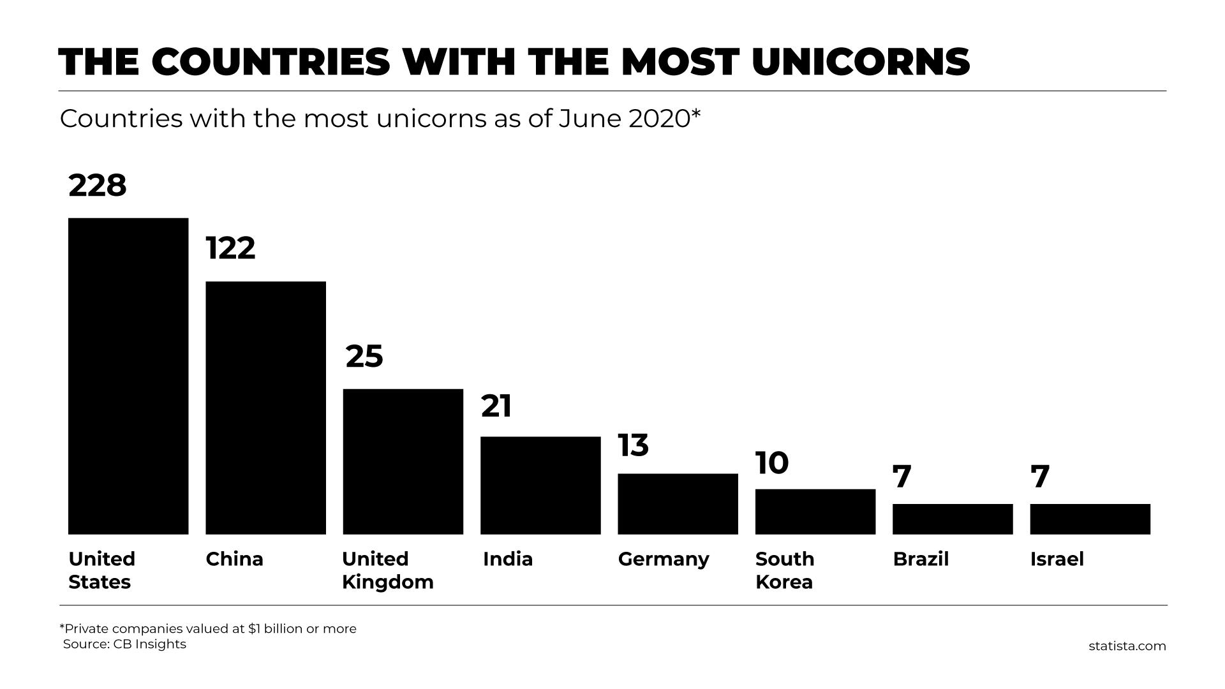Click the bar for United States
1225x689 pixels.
point(128,376)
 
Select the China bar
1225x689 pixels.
point(265,408)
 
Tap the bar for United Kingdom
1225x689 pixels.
point(403,461)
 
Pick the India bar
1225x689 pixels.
point(540,485)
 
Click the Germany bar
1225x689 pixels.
point(678,503)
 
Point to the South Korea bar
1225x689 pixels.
point(815,511)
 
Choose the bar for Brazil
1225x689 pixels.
point(953,519)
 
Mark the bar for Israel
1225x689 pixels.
point(1090,519)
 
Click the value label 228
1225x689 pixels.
point(98,186)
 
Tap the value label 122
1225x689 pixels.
point(230,248)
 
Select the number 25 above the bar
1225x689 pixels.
point(364,357)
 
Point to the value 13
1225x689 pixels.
point(633,445)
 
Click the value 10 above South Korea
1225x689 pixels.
point(772,463)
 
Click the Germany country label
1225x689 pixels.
point(664,559)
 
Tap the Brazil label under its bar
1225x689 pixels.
point(921,559)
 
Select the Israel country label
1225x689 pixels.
point(1057,559)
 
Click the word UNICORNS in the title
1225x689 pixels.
point(861,62)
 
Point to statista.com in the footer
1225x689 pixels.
point(1127,646)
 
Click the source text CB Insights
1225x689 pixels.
point(149,644)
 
